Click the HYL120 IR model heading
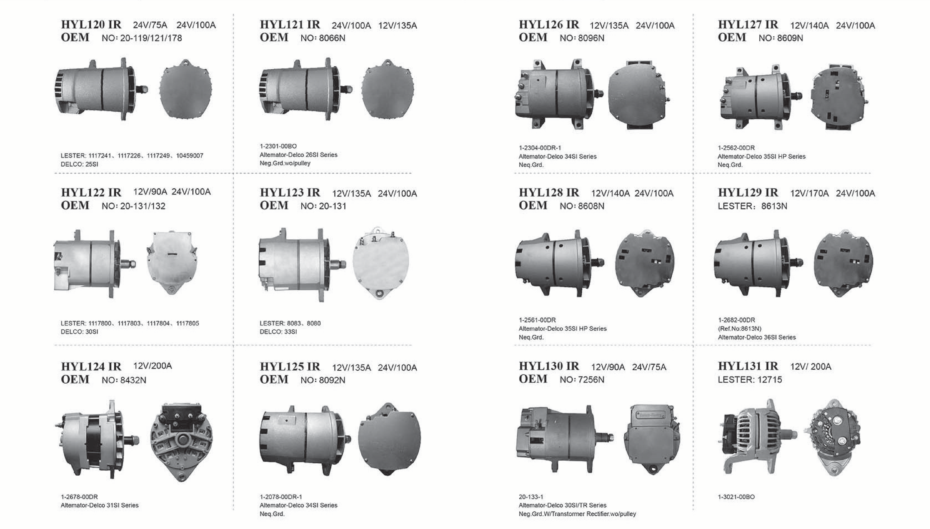click(91, 25)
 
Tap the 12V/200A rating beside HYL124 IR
click(153, 366)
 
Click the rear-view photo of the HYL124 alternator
click(181, 442)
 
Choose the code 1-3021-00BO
click(736, 497)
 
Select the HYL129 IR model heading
click(748, 193)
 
